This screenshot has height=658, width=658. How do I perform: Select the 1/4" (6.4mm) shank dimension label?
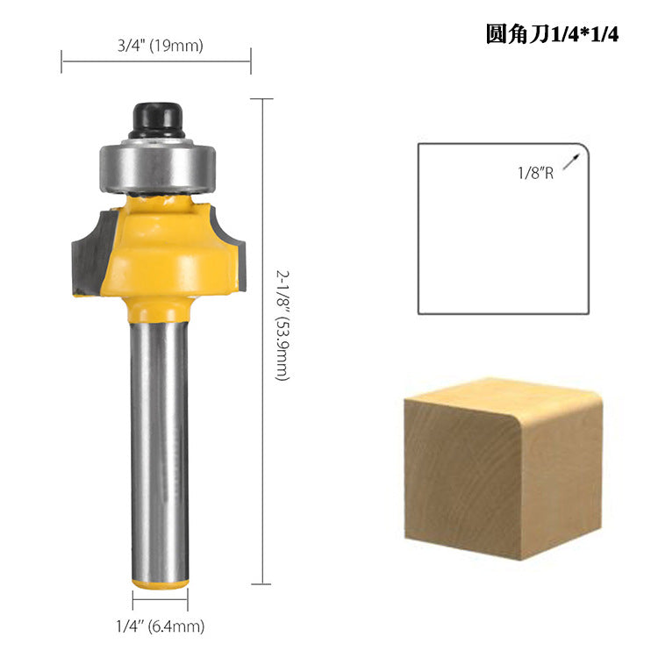(161, 626)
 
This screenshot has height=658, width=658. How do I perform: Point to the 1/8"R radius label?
(534, 174)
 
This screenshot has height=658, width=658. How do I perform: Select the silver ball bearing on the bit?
(156, 167)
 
